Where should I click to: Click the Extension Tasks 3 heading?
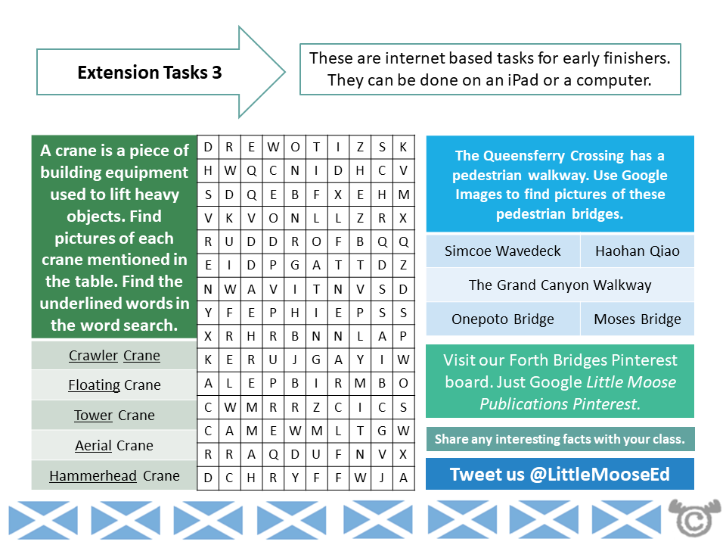coord(150,73)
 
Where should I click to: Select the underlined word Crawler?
coord(94,356)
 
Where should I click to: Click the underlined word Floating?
coord(94,385)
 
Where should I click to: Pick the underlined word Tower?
coord(93,416)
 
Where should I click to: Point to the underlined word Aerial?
coord(93,446)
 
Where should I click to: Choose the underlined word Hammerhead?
coord(93,476)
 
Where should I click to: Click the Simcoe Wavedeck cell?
coord(502,251)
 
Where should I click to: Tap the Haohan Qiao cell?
coord(637,251)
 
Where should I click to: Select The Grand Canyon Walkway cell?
coord(560,285)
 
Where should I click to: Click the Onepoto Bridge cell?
coord(502,319)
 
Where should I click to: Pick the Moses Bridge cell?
coord(637,319)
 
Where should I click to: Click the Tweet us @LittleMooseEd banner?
coord(560,475)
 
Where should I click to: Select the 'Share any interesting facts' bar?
coord(560,439)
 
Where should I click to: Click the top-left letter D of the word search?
coord(208,148)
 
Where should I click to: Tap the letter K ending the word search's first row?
coord(403,148)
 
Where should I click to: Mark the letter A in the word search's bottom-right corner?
coord(403,478)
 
